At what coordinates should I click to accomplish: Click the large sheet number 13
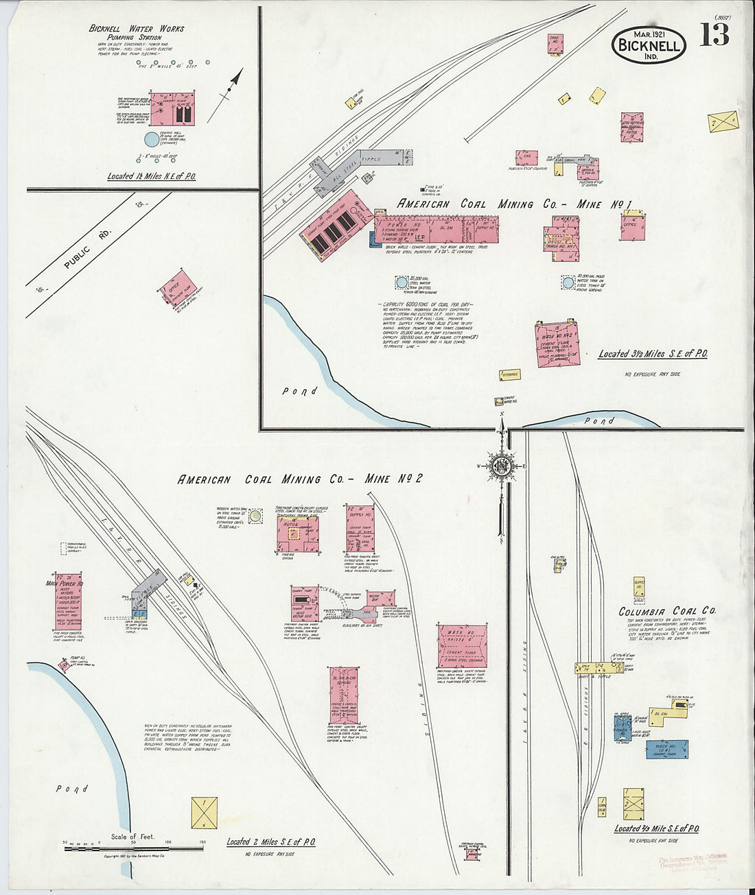(715, 34)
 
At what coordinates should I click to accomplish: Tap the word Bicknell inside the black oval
(648, 46)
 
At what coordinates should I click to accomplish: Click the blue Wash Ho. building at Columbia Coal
(666, 750)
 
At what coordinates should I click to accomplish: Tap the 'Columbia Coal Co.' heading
(667, 611)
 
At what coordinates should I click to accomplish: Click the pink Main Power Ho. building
(68, 601)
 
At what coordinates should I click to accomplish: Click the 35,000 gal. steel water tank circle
(402, 282)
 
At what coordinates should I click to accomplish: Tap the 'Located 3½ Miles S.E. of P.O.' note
(652, 354)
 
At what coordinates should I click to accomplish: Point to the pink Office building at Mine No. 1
(631, 225)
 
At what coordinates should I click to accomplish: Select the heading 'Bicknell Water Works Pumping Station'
(137, 33)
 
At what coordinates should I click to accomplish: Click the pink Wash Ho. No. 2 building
(557, 345)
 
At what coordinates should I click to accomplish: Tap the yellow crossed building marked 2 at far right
(723, 122)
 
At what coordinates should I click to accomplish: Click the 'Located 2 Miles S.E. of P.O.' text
(270, 842)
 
